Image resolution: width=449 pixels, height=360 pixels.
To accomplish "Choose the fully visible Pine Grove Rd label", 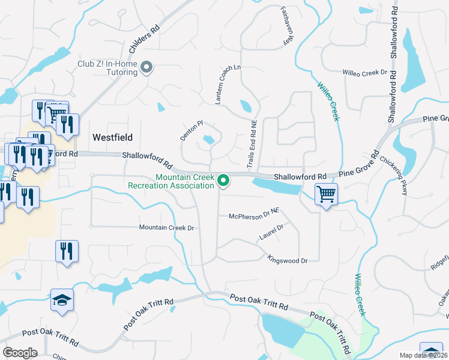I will click(359, 167).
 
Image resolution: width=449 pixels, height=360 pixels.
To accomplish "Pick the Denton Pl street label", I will click(192, 130).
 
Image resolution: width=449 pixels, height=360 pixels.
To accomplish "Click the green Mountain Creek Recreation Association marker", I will click(224, 180).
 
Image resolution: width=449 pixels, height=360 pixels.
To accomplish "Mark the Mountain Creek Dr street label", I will click(167, 227).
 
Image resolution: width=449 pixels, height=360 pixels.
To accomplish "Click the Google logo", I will click(20, 352).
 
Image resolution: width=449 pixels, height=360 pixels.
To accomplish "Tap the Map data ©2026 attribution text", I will click(423, 355).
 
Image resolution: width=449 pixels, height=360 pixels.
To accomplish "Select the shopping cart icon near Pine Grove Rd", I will click(326, 194).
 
